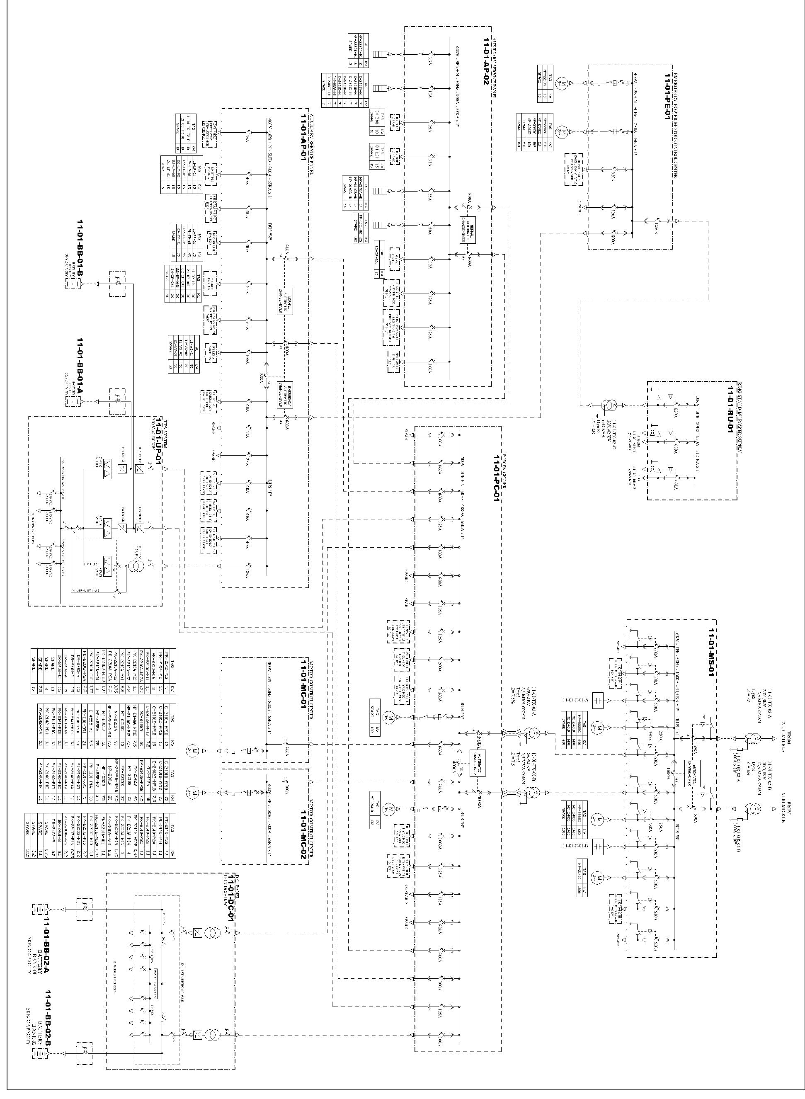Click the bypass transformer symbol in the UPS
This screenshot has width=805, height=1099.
coord(133,567)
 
